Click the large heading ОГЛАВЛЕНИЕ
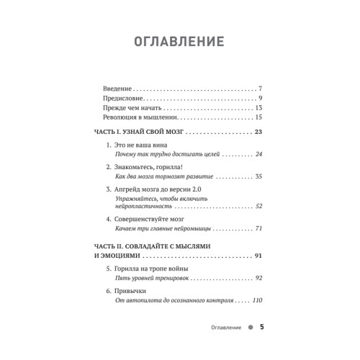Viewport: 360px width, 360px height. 179,42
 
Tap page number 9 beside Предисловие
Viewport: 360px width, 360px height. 261,97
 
